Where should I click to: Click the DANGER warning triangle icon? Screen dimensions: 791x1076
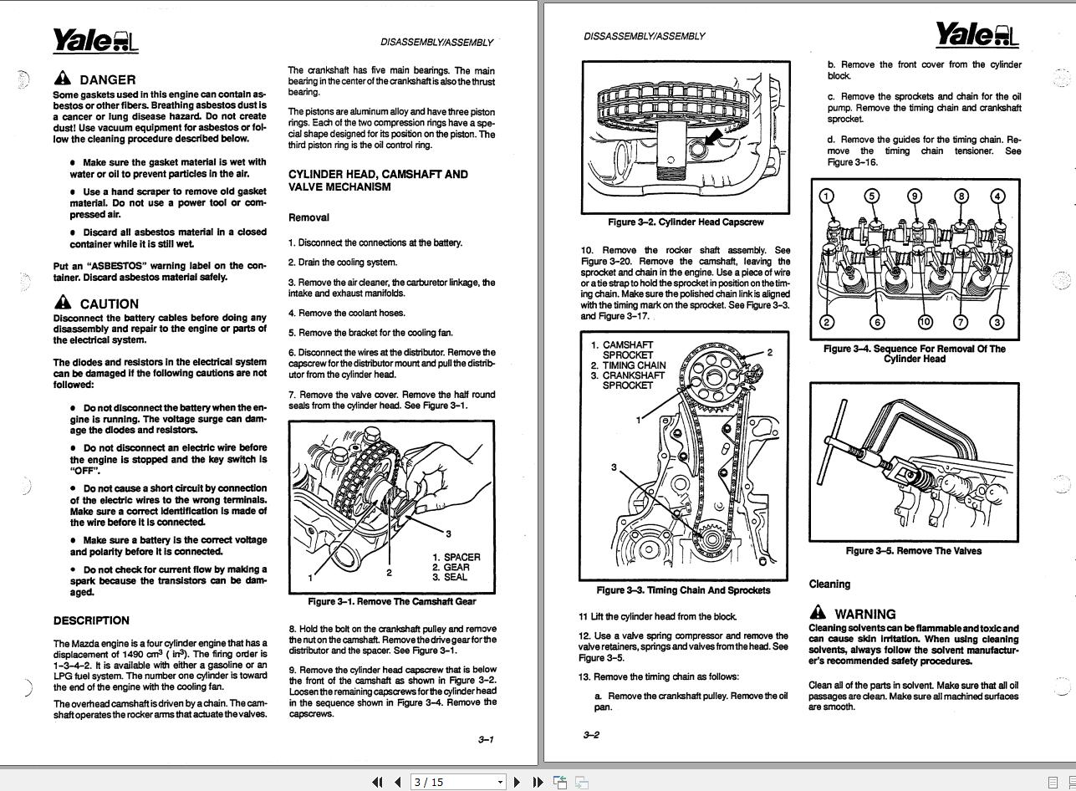click(x=63, y=79)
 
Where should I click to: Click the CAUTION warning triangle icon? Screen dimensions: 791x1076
click(x=63, y=303)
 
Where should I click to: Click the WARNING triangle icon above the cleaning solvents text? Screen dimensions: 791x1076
click(x=818, y=613)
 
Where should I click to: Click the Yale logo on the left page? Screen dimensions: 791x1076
click(x=95, y=40)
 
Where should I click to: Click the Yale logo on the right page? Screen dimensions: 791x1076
click(x=977, y=35)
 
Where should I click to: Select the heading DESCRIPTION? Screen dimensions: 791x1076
click(x=91, y=620)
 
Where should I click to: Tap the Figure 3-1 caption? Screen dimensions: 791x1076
click(x=391, y=601)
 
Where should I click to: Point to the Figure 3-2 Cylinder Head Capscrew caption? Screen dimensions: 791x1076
click(x=686, y=222)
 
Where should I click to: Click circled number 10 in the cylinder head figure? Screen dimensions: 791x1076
click(x=925, y=322)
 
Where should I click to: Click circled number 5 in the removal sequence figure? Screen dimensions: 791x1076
click(x=872, y=196)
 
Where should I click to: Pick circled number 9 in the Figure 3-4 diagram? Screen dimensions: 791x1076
click(x=915, y=196)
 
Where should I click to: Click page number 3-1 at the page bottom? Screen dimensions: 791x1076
click(x=486, y=739)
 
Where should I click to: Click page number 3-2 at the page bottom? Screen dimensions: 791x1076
click(x=591, y=735)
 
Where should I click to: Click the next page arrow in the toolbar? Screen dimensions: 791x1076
click(x=517, y=782)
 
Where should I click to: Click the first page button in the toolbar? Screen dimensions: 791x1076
click(x=377, y=782)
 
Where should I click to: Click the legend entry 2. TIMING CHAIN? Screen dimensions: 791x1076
click(x=629, y=365)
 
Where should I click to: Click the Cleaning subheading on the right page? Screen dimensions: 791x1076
click(x=829, y=584)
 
